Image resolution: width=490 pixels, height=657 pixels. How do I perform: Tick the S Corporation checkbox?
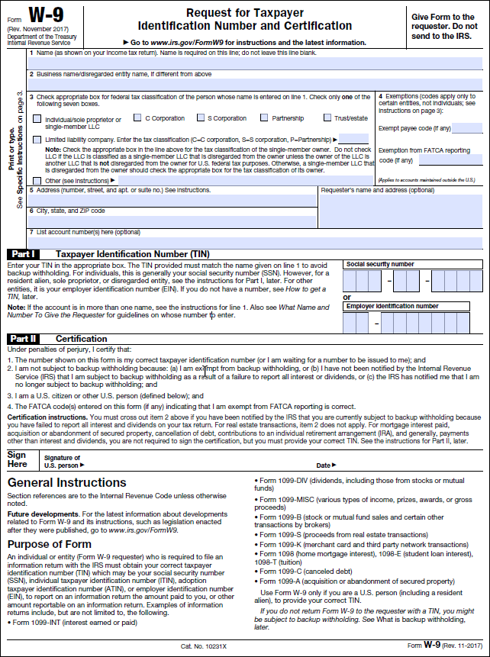pos(200,118)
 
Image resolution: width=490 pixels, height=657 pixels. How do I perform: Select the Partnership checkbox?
pos(264,118)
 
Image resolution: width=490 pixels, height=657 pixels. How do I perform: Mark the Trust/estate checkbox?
pos(327,118)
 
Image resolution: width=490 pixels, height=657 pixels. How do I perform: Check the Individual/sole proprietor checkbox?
pos(37,119)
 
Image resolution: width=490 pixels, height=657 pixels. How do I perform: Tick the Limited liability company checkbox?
pos(37,140)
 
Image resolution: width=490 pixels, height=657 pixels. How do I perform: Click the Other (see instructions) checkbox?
pos(37,180)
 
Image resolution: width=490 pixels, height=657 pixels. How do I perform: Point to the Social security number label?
pos(380,264)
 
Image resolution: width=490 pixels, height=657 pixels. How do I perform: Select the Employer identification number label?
pos(392,306)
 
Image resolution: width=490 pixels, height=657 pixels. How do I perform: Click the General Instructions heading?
pos(67,483)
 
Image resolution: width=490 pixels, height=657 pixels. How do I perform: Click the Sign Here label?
pos(17,459)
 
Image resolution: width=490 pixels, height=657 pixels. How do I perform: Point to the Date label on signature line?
pos(323,465)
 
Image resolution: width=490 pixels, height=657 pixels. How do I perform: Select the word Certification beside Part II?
pos(82,339)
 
